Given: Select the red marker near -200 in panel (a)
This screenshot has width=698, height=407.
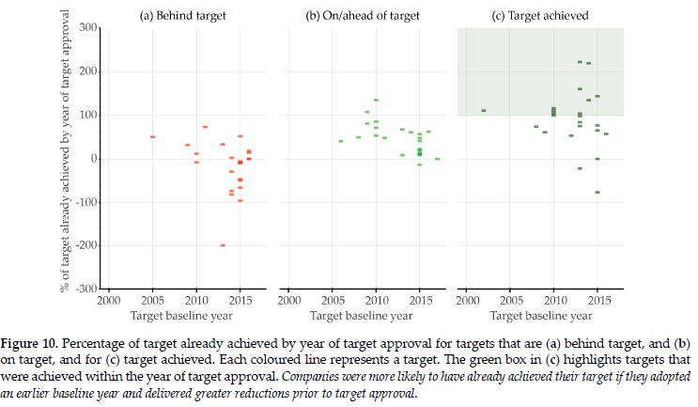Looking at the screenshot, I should click(223, 245).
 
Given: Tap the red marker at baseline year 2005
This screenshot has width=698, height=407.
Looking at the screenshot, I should click(152, 137).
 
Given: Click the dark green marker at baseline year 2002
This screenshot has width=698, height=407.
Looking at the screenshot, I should click(483, 111).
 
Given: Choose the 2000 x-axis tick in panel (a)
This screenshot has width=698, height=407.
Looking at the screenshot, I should click(108, 301).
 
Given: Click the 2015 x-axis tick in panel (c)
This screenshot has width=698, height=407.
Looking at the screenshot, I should click(597, 301).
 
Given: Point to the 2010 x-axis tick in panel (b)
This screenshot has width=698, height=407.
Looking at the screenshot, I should click(376, 301).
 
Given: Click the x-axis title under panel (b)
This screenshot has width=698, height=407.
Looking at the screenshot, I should click(362, 315).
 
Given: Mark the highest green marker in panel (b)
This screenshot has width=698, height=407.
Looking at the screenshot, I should click(376, 100).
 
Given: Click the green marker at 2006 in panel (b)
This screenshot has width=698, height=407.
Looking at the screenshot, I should click(340, 141).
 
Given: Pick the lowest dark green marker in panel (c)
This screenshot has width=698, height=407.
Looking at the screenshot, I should click(597, 193).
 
